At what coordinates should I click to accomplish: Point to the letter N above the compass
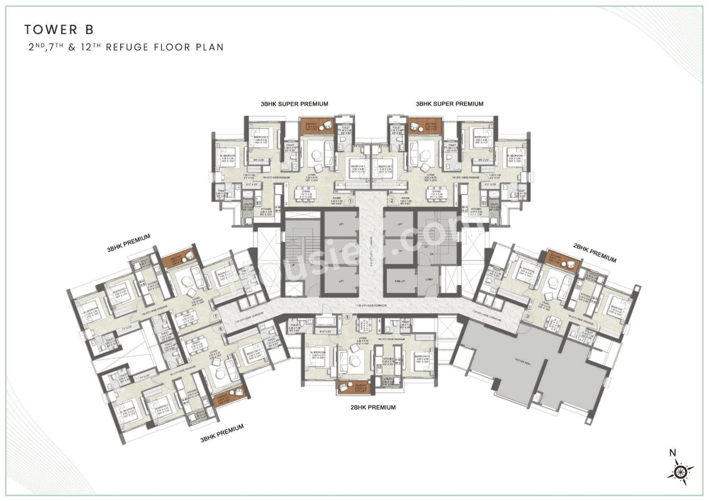(672, 453)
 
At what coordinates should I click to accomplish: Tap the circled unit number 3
(528, 316)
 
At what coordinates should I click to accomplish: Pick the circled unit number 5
(347, 318)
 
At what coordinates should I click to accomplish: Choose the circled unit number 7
(215, 316)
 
